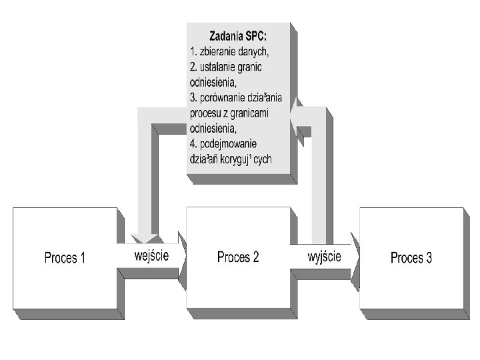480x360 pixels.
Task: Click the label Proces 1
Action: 65,258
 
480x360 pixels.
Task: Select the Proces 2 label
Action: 238,257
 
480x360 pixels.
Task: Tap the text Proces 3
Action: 411,258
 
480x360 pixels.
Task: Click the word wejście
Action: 151,255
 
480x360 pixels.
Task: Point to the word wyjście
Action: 324,255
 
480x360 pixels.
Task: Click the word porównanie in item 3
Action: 229,97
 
